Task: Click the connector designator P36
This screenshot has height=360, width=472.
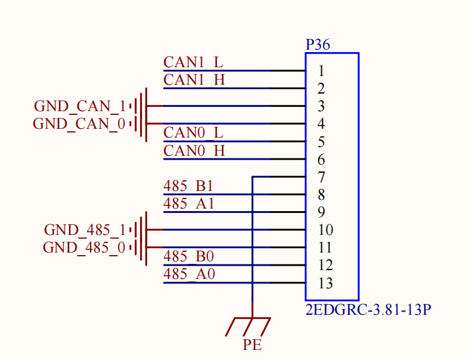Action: click(x=317, y=45)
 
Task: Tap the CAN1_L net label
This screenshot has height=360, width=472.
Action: click(x=193, y=63)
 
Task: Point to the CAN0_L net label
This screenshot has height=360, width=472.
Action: click(x=193, y=133)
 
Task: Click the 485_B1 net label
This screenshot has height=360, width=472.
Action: click(x=188, y=186)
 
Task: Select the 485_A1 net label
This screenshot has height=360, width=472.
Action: click(x=189, y=204)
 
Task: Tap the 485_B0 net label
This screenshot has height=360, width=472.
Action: click(x=188, y=256)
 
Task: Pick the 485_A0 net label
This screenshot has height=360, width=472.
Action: click(x=189, y=274)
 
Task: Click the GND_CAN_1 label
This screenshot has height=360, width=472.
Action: click(x=80, y=106)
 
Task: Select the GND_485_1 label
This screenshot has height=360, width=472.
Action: click(x=85, y=230)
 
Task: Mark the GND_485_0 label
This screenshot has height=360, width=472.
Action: click(x=84, y=248)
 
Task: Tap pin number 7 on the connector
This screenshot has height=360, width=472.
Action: click(x=321, y=177)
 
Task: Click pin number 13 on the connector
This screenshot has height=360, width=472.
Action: click(x=325, y=283)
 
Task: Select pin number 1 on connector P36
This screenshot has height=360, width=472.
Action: click(x=321, y=71)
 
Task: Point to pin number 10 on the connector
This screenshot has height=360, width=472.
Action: click(x=325, y=230)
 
